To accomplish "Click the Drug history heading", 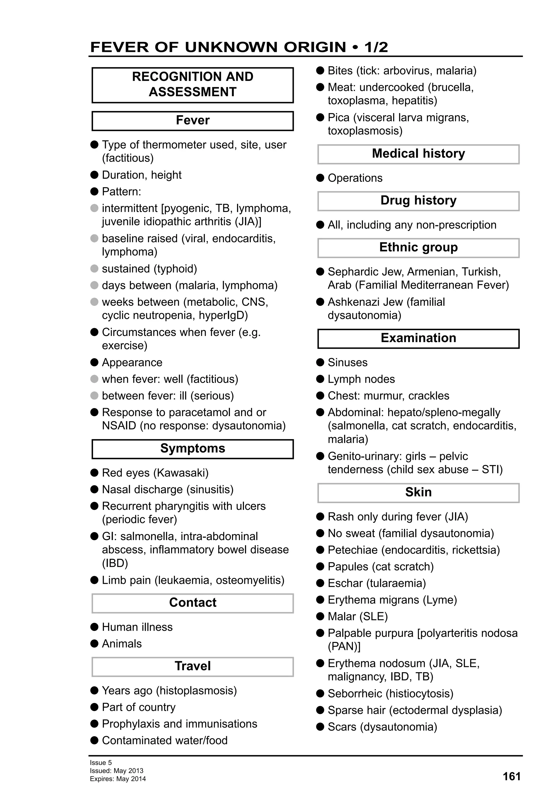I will coord(418,200).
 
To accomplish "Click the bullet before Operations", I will coord(320,178).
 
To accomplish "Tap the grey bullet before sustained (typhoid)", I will coord(94,268).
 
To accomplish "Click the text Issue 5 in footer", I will coord(101,762).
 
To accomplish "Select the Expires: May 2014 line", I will coord(118,779).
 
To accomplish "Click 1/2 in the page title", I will coord(376,47).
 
